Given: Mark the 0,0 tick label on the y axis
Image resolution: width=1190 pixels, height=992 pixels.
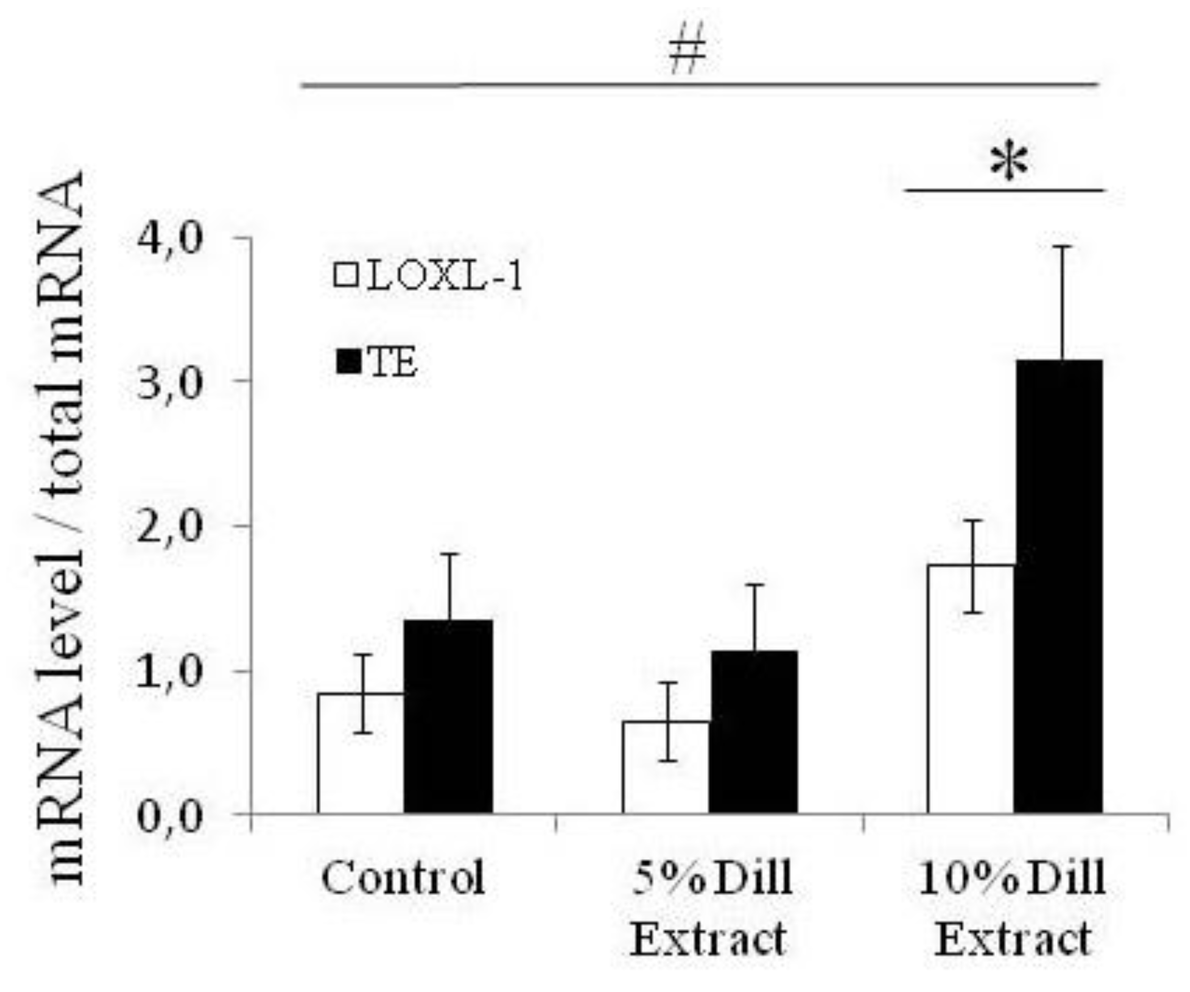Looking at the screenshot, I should click(x=170, y=816).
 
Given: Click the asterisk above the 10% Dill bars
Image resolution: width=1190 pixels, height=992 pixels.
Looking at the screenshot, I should click(x=1009, y=163).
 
